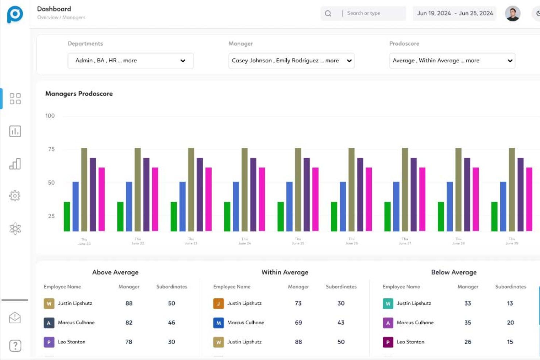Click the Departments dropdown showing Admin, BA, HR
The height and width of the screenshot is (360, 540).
[x=130, y=61]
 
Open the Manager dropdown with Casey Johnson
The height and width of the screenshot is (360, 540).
[x=291, y=61]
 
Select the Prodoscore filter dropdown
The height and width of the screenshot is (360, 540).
[x=452, y=61]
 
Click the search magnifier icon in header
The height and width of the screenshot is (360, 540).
[x=328, y=13]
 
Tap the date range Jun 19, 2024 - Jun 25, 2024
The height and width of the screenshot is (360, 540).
[x=455, y=13]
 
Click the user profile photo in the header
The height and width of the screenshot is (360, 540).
[x=512, y=13]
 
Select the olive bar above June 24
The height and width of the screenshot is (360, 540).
[x=244, y=189]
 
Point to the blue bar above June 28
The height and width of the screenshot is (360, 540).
[x=450, y=206]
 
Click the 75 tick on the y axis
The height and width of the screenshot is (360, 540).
[x=51, y=149]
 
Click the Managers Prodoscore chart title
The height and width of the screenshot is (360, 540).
[x=79, y=94]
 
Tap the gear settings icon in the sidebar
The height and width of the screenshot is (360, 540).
[x=15, y=196]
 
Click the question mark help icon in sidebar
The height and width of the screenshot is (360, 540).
[x=15, y=345]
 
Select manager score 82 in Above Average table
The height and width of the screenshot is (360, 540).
[x=129, y=322]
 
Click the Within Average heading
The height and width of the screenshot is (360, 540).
[x=285, y=272]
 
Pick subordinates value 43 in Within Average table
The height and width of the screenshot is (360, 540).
[x=341, y=322]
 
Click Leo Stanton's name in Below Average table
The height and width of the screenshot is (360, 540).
[x=410, y=342]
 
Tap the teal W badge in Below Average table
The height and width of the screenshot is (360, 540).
[x=388, y=303]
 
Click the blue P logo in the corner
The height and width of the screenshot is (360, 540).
[x=15, y=15]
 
